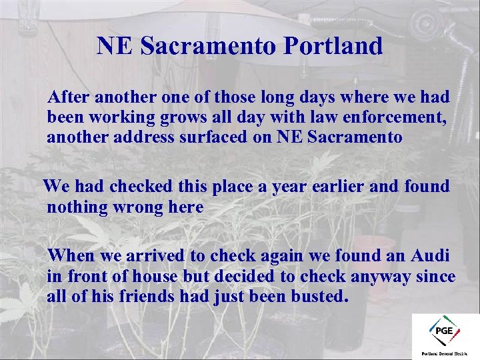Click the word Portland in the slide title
333,46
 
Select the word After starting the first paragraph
70,97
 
